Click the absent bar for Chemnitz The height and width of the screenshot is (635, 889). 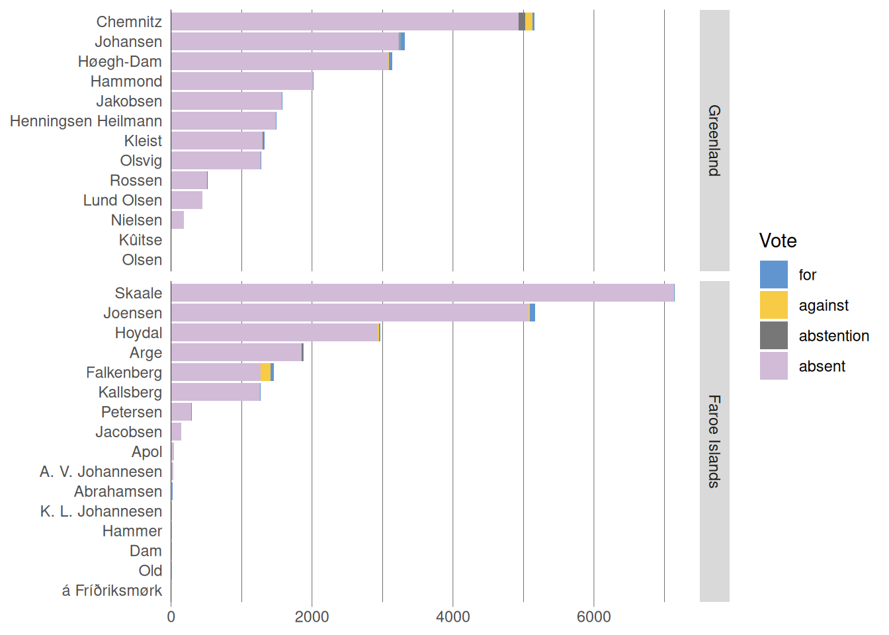click(x=344, y=21)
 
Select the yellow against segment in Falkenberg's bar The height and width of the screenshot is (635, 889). click(x=265, y=372)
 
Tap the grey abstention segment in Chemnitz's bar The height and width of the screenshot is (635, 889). click(x=522, y=21)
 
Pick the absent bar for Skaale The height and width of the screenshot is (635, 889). click(x=422, y=293)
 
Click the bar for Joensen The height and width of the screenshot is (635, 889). click(x=351, y=313)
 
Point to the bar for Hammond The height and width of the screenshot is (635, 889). click(x=242, y=81)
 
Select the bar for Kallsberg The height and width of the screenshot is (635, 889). click(x=216, y=392)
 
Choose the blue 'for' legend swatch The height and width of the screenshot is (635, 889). click(x=773, y=275)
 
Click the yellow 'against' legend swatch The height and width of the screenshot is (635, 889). click(x=773, y=305)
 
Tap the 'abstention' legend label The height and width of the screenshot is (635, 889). click(x=833, y=336)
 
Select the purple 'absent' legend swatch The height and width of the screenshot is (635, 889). click(x=773, y=366)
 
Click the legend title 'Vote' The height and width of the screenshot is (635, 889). click(x=778, y=241)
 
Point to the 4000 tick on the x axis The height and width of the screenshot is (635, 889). click(x=453, y=617)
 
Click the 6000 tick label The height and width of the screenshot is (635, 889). click(x=594, y=617)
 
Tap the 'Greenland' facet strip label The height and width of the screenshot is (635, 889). click(x=714, y=140)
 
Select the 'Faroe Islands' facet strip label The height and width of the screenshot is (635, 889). click(x=714, y=441)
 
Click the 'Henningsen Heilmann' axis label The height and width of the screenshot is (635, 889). click(x=86, y=121)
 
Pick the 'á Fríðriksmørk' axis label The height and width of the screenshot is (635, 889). click(x=112, y=591)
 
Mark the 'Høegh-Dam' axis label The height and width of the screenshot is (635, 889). click(x=120, y=62)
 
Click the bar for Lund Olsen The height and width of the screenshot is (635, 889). click(x=187, y=200)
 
